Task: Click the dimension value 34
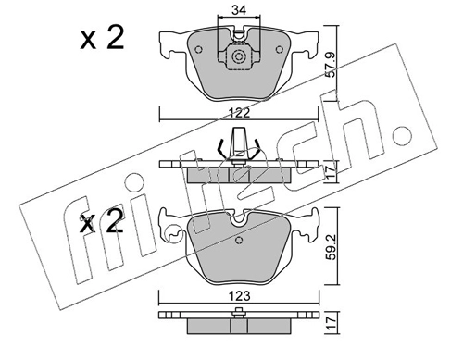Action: click(239, 10)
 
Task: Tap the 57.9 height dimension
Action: click(331, 65)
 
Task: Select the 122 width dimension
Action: click(240, 113)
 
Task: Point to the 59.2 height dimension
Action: click(331, 246)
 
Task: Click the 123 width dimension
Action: click(240, 296)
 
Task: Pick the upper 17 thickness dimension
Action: click(331, 172)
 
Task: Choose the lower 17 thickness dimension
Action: click(331, 323)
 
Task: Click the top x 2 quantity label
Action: click(102, 38)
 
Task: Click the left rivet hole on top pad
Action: click(199, 49)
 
